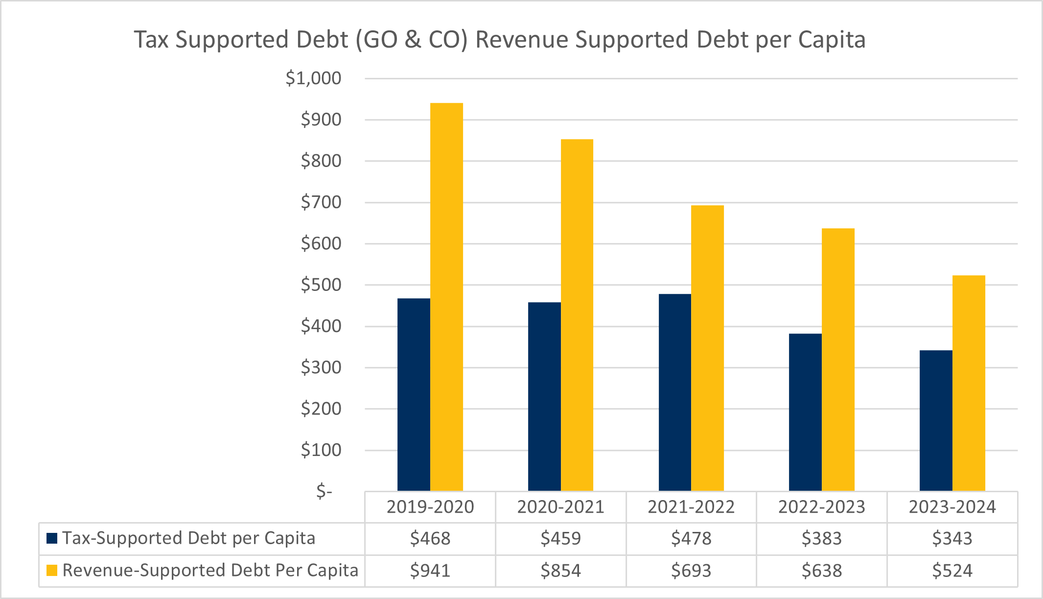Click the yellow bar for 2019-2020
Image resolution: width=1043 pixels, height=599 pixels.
[446, 297]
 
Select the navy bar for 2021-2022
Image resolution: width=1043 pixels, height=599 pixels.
[674, 392]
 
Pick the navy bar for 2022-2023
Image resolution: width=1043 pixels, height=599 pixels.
[805, 412]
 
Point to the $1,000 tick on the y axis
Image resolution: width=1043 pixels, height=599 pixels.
[313, 78]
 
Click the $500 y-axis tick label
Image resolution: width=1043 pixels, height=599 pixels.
[321, 285]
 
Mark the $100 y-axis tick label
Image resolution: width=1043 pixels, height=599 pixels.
[321, 450]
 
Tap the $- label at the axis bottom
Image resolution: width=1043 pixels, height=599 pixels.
[324, 491]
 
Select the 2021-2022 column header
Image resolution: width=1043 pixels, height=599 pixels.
[691, 507]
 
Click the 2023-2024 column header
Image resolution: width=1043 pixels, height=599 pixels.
[952, 507]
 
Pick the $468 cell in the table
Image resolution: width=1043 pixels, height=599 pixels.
[430, 539]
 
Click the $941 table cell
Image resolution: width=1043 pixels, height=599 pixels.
[430, 571]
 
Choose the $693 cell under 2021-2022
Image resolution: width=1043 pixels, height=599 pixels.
[691, 571]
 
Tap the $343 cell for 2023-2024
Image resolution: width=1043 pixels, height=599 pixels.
[952, 539]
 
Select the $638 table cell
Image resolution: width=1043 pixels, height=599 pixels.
[821, 571]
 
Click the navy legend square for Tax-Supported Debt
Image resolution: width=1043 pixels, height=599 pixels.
[52, 538]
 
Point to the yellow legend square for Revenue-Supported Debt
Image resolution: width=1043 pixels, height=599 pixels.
[52, 570]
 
